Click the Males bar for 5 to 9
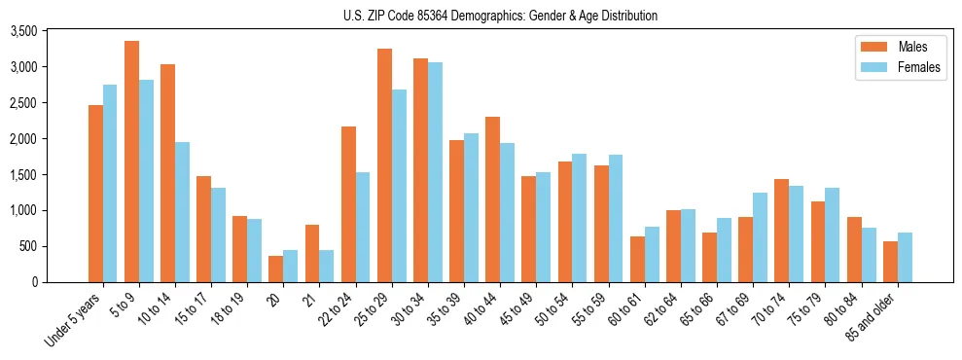[x=131, y=162]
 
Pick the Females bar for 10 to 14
[x=182, y=212]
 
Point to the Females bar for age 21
[x=327, y=266]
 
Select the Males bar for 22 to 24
[x=348, y=204]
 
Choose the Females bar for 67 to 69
[x=760, y=237]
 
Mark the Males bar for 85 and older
[x=890, y=262]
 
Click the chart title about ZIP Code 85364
[x=499, y=16]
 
